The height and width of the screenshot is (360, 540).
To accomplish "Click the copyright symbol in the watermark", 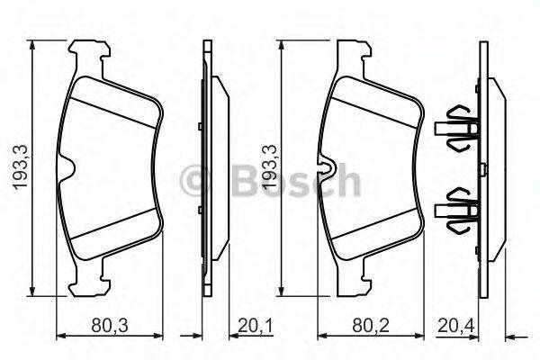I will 195,181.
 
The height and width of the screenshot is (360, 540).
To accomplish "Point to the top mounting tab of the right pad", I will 352,56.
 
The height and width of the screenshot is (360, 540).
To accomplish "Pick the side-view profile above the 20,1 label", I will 210,167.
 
